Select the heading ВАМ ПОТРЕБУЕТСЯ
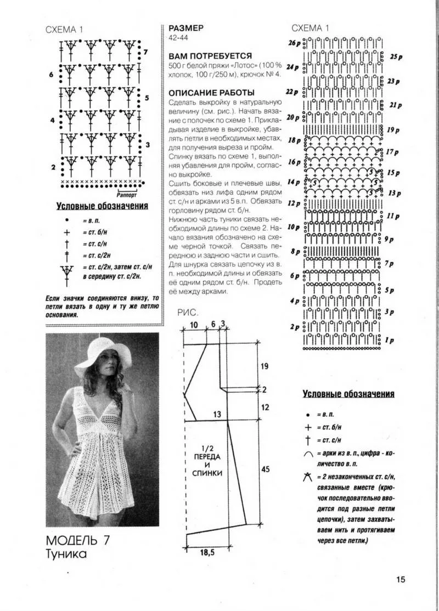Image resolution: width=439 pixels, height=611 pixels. point(210,56)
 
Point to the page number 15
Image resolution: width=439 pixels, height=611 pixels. point(399,580)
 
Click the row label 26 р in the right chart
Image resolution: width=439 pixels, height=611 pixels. point(294,43)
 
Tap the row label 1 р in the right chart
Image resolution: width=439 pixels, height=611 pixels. point(390,341)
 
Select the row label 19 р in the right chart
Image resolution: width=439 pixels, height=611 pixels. point(393,131)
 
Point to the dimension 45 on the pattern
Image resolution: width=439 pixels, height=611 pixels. point(265,469)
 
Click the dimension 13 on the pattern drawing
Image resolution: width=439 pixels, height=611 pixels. point(217,414)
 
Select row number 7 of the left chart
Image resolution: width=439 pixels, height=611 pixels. point(145,52)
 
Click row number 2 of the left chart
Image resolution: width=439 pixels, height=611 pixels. point(53,166)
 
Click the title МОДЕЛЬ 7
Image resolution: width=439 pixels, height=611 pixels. point(78,539)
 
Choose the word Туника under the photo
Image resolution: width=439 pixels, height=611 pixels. point(66,555)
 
